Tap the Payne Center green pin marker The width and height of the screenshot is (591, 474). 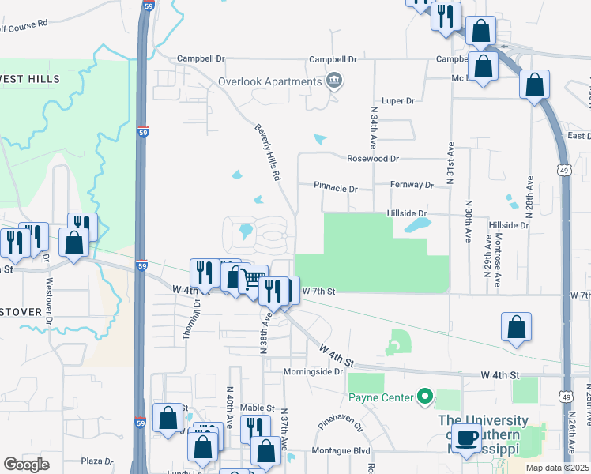click(x=425, y=397)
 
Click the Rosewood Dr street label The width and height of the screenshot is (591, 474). click(x=374, y=158)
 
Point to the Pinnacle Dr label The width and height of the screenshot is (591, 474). click(x=336, y=189)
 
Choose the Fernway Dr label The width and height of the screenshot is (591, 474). click(x=412, y=185)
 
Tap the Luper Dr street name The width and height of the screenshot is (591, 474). click(x=398, y=101)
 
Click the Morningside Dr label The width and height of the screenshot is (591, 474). click(x=315, y=371)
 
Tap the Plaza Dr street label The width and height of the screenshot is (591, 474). click(x=98, y=461)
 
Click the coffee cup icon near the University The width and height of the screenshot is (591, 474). click(x=468, y=439)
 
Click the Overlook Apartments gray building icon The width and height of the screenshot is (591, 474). click(x=334, y=80)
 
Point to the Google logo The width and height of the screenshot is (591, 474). click(x=26, y=465)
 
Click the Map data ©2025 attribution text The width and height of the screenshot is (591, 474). click(x=556, y=468)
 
